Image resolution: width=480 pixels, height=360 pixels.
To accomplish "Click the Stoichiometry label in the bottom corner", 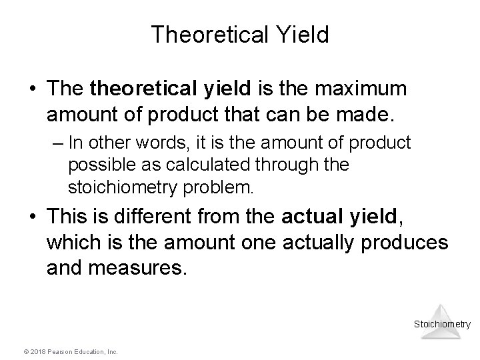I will [x=442, y=325].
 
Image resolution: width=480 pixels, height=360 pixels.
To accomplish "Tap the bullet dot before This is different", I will [x=33, y=217].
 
